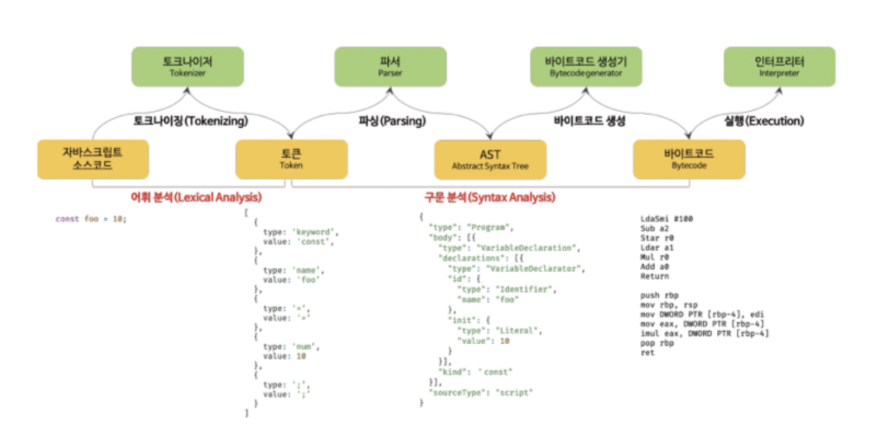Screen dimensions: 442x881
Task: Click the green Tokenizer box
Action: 187,66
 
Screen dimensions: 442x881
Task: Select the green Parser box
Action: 390,66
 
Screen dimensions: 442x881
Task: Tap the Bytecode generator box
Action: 586,66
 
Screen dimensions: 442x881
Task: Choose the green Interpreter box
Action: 779,66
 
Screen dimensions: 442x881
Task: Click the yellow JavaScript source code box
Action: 92,159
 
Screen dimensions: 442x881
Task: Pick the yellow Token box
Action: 291,159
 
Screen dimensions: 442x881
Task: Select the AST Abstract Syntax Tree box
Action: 490,159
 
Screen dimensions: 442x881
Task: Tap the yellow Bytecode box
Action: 689,159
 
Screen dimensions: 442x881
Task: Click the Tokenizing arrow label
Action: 189,121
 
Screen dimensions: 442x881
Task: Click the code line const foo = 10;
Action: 91,220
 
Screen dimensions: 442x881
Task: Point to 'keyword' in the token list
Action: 314,232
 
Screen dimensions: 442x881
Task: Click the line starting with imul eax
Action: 702,333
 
